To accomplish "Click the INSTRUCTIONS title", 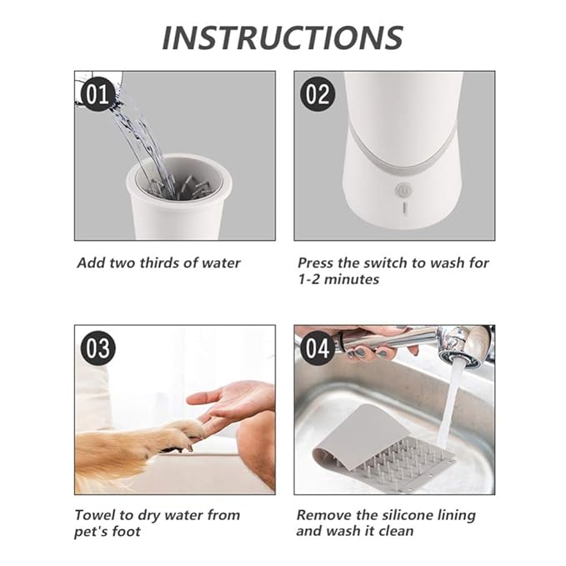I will tap(282, 37).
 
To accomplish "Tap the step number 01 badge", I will tap(98, 94).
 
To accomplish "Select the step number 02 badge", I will tap(318, 94).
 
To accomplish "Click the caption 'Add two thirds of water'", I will tap(158, 263).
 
